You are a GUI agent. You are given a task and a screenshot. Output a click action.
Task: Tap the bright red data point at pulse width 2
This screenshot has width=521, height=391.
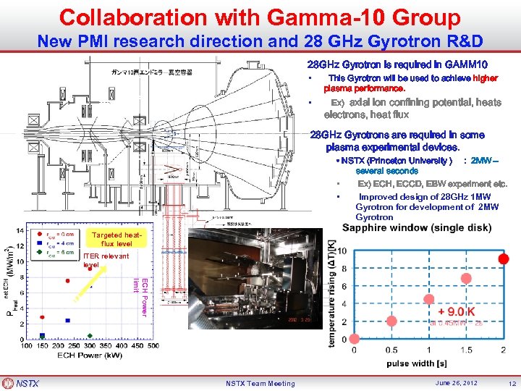click(503, 259)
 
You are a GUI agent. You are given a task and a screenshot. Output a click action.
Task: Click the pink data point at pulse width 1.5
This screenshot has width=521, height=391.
click(466, 300)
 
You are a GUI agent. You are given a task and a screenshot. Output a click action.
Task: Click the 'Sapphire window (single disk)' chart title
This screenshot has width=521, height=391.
click(417, 227)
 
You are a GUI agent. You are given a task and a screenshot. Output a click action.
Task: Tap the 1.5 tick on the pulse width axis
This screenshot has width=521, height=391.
click(465, 350)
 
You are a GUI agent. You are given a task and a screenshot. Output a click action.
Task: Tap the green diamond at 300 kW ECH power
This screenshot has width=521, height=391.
click(89, 336)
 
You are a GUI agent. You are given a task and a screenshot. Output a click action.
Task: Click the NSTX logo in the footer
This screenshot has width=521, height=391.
click(22, 383)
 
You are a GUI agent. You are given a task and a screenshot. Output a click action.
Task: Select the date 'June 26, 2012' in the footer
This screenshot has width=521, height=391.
click(457, 383)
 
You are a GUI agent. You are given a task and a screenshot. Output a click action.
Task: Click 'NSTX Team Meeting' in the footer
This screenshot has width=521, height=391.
click(260, 383)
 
